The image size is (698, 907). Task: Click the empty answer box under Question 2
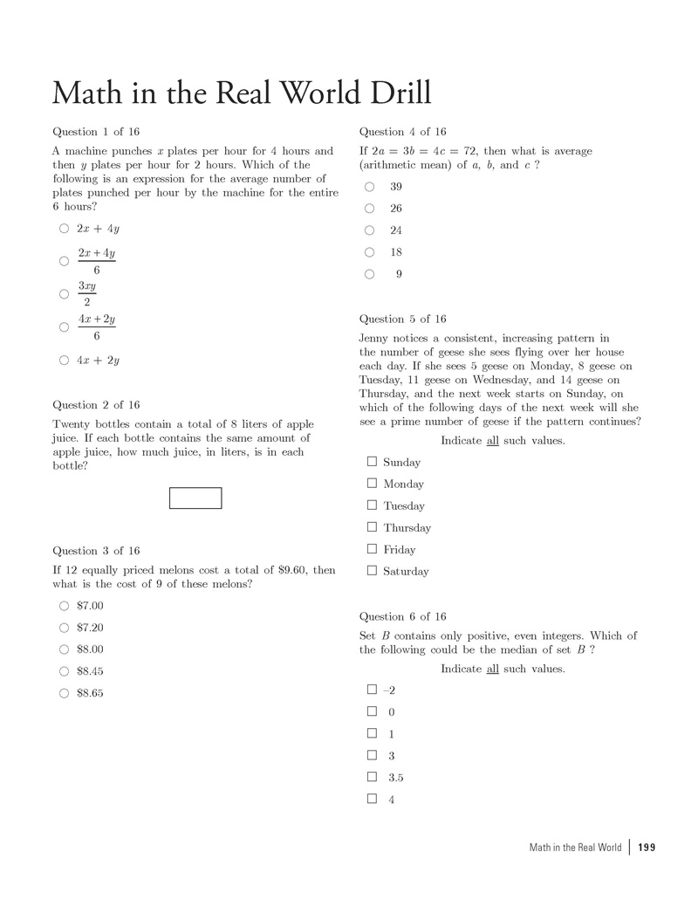(x=195, y=498)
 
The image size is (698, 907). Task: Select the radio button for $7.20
(x=64, y=628)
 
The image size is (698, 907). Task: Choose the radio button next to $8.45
(x=64, y=671)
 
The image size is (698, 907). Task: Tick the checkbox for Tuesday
(x=372, y=505)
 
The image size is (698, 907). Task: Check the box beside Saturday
(x=372, y=571)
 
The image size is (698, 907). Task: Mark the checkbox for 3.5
(x=372, y=777)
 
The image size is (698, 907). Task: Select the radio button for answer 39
(x=370, y=187)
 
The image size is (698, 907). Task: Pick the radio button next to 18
(x=370, y=252)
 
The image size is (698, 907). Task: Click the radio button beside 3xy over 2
(x=64, y=294)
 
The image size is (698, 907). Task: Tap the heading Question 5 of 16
(x=402, y=320)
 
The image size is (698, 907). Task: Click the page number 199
(x=647, y=848)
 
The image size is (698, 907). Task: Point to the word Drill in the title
(x=393, y=93)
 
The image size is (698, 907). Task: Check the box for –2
(x=372, y=690)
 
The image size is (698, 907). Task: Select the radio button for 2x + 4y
(x=64, y=229)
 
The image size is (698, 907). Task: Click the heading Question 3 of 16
(x=96, y=551)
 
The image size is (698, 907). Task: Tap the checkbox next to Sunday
(x=372, y=462)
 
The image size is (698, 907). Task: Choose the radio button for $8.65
(x=64, y=693)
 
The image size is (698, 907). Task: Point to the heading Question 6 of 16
(x=402, y=616)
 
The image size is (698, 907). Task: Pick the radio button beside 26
(x=370, y=209)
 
